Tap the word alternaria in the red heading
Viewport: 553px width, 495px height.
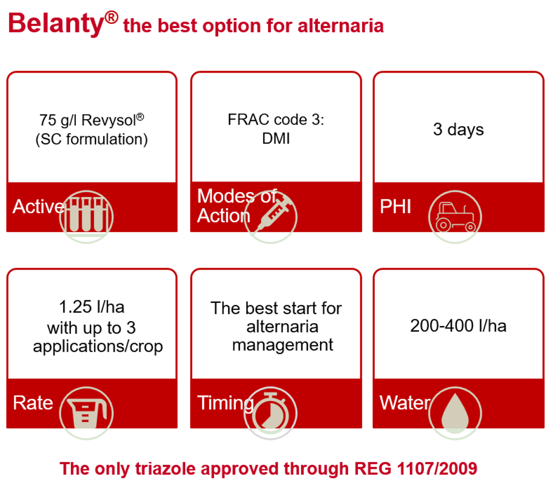(341, 26)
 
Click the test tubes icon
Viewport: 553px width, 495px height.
(86, 217)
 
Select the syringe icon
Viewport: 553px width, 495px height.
(270, 217)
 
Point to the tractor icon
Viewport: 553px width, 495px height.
(455, 217)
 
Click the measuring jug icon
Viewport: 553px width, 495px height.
(86, 413)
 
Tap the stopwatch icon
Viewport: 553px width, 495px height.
(270, 413)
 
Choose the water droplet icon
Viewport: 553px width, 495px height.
(455, 413)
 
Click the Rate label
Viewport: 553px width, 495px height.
(33, 402)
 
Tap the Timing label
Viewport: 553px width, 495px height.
(225, 404)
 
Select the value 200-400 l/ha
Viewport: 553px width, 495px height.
(458, 326)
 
